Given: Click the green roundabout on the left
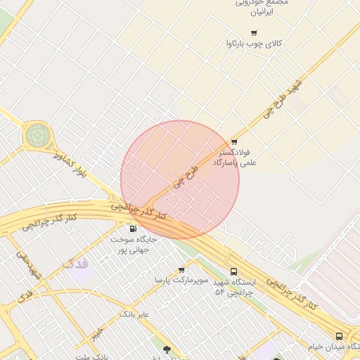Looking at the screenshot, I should tap(38, 134).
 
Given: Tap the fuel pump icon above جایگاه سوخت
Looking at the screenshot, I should tap(133, 229).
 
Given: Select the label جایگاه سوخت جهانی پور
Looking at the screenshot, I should tap(134, 244).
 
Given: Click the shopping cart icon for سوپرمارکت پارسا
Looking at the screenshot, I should tap(182, 269).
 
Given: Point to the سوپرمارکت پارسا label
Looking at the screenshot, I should tap(182, 280).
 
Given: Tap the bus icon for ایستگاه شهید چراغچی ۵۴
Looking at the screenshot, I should tap(233, 271).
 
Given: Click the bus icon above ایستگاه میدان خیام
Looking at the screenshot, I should tap(340, 336).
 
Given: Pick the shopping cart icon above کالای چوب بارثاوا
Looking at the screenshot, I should tap(254, 33).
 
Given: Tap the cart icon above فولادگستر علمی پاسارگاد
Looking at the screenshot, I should tap(234, 141).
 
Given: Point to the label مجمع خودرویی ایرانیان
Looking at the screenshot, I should tap(262, 7).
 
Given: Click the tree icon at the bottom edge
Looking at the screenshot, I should tap(167, 349).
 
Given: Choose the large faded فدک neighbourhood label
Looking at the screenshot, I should tap(76, 264).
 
